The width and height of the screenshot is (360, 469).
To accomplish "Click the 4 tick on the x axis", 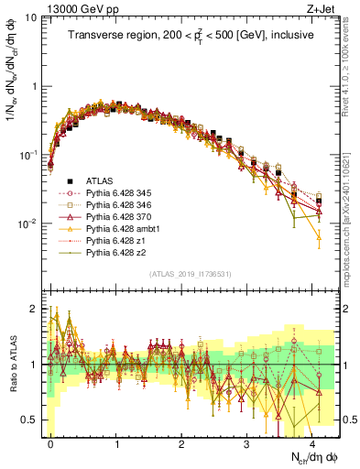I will [x=314, y=442].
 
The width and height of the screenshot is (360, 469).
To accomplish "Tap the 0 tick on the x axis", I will [x=50, y=442].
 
